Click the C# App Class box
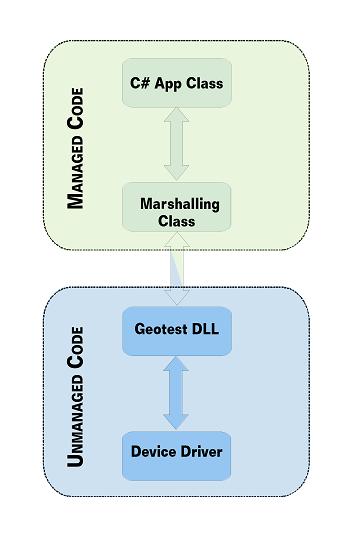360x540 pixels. (x=177, y=83)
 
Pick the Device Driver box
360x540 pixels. (x=177, y=451)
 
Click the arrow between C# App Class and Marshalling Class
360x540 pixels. (x=177, y=145)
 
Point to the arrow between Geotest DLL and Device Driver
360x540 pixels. (x=177, y=392)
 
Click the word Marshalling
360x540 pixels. (x=179, y=204)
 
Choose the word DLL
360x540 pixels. (x=206, y=329)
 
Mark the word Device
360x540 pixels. (x=153, y=451)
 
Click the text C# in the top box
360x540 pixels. (x=139, y=83)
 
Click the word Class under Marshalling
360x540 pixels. (x=177, y=221)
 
